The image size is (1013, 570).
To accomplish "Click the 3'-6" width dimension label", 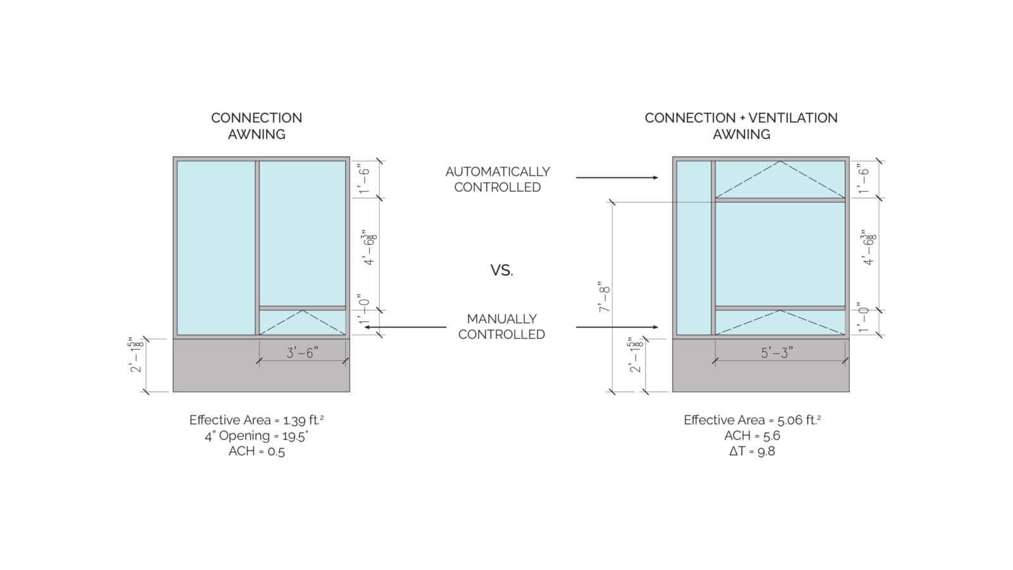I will (x=301, y=353).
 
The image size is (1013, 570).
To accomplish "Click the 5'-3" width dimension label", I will (x=777, y=353).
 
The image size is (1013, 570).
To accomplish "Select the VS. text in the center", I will (x=501, y=270).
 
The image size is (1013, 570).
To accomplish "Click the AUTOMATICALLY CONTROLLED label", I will (x=498, y=179).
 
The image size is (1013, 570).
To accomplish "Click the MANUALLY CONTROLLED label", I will (x=501, y=326).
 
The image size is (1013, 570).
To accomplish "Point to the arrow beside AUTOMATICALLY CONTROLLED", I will (x=617, y=178).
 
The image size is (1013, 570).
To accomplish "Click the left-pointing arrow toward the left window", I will (x=405, y=327).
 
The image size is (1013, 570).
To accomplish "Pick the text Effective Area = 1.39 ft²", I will (x=256, y=420).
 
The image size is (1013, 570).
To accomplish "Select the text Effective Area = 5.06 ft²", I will (x=752, y=420).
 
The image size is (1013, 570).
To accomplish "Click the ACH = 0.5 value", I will (x=256, y=452).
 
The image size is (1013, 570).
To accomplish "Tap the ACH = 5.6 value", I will (x=752, y=436).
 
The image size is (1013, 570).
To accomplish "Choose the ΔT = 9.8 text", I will (x=752, y=452).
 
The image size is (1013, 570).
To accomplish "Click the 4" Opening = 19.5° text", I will (x=256, y=436).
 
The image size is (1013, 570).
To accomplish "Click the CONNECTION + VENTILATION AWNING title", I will (x=741, y=125).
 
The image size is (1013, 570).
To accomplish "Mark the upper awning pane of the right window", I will (x=780, y=180).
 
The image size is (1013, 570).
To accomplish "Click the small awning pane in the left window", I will (x=303, y=322).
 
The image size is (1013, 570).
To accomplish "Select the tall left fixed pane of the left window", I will (x=215, y=247).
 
